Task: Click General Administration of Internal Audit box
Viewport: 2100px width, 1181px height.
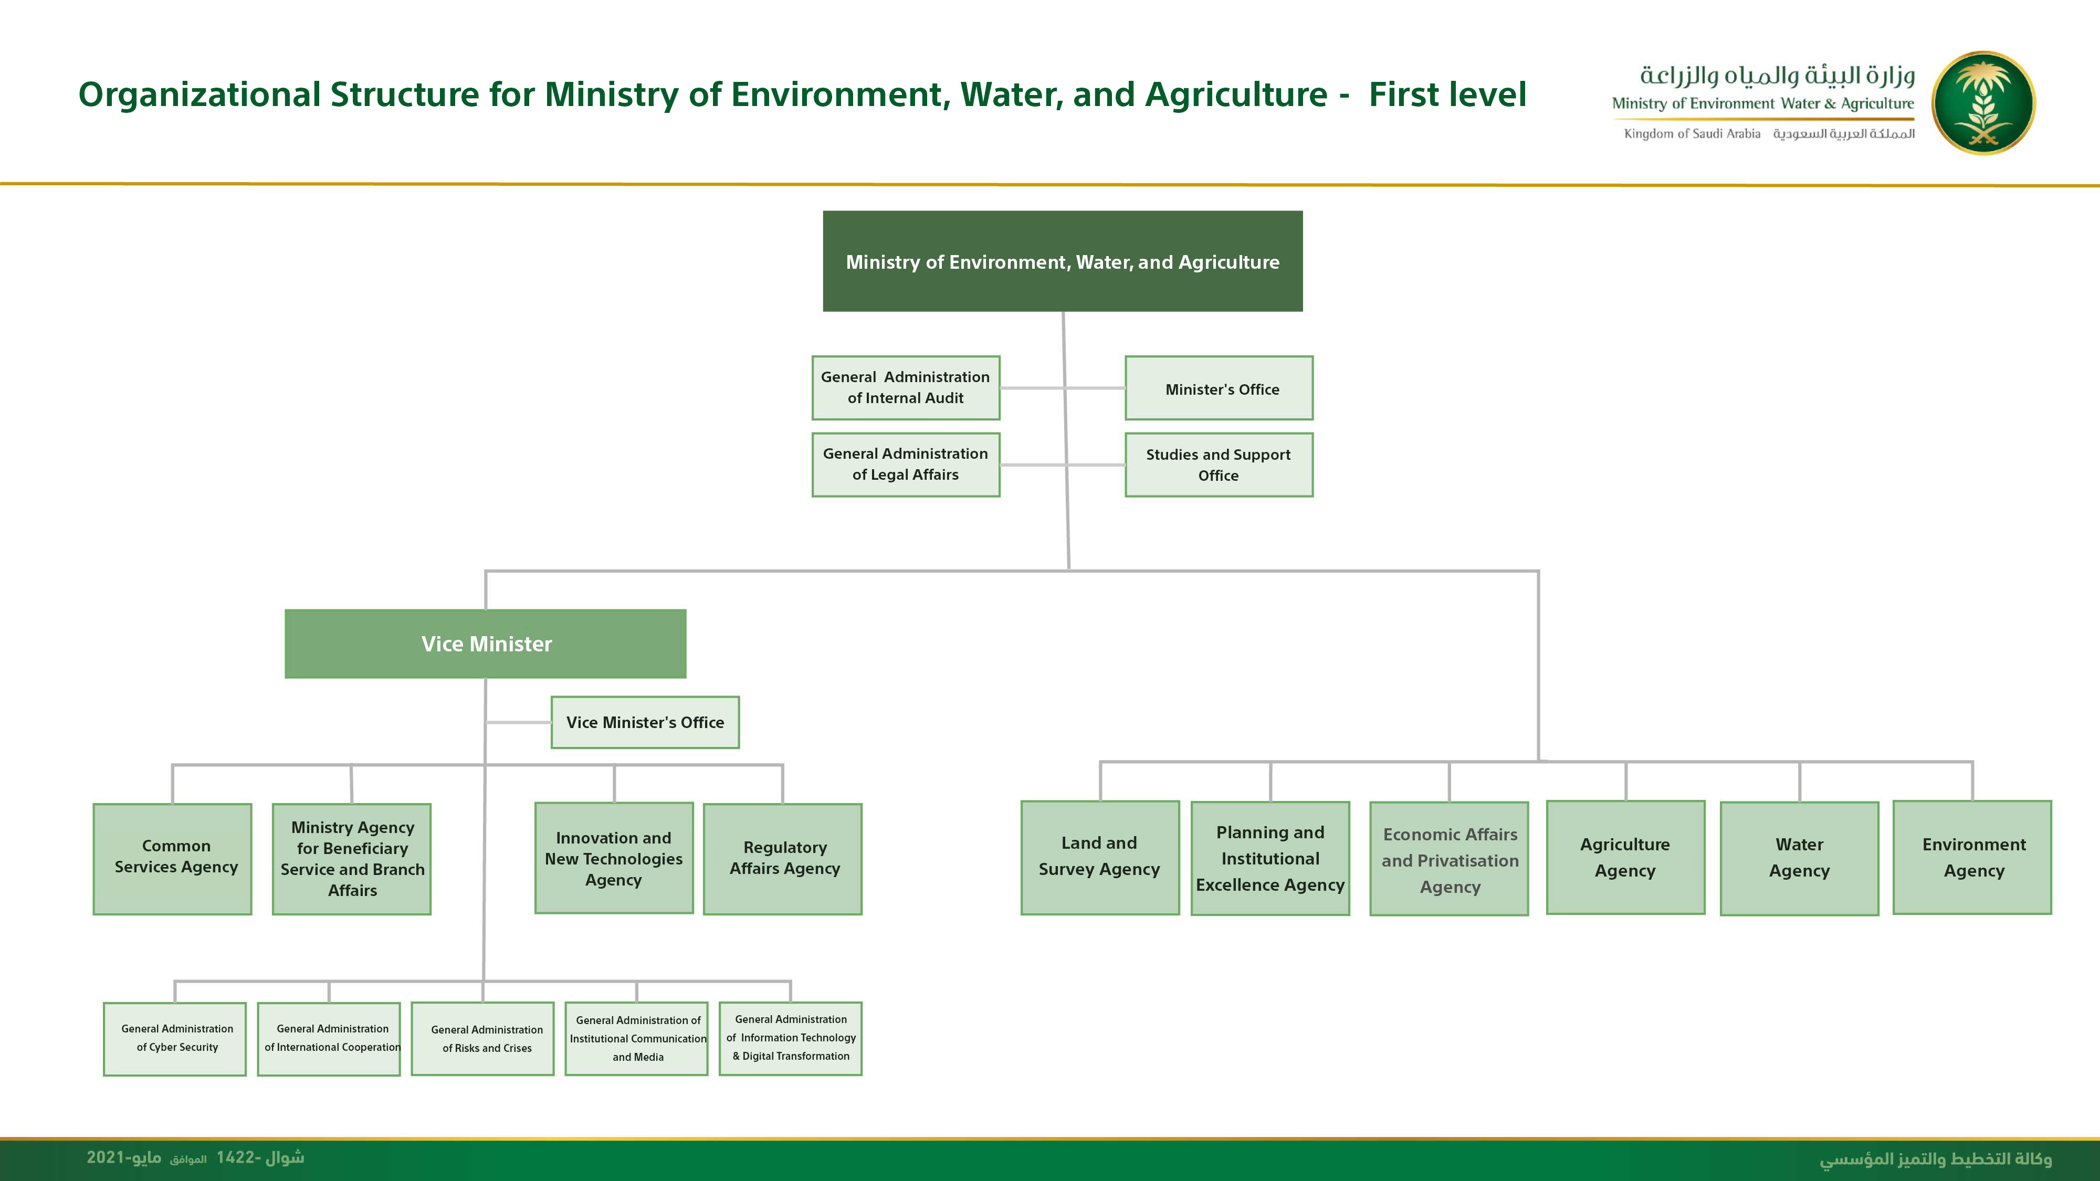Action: (x=906, y=388)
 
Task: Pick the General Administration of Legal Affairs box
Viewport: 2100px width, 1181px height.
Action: (x=906, y=465)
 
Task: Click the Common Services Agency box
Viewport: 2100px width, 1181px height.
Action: (x=172, y=859)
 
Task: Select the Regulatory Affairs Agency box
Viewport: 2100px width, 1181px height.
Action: (x=783, y=859)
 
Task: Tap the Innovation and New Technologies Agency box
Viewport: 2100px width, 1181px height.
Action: (x=614, y=858)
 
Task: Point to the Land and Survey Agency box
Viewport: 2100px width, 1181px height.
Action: (x=1100, y=858)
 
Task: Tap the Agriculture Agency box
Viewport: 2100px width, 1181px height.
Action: (x=1625, y=858)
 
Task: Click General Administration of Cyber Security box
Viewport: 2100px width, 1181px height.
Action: (x=174, y=1039)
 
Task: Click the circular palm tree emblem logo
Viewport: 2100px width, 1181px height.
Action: (x=1983, y=103)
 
